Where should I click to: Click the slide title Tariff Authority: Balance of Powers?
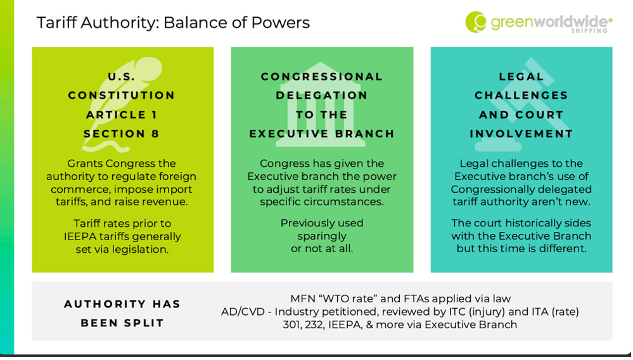tap(173, 23)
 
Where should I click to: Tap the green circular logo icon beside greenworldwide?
tap(476, 22)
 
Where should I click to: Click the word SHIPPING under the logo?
tap(589, 30)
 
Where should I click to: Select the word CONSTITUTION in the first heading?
tap(122, 95)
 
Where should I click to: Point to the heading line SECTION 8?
tap(122, 134)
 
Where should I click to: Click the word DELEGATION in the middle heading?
tap(322, 95)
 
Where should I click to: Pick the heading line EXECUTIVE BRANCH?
tap(322, 134)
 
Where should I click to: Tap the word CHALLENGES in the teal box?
tap(521, 95)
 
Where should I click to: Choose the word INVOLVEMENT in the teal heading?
tap(521, 134)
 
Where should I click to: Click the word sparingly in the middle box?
tap(322, 236)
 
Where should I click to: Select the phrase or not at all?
tap(322, 248)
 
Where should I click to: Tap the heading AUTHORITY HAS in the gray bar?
tap(122, 304)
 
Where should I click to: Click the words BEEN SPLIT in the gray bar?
tap(122, 323)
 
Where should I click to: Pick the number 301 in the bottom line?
tap(291, 325)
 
